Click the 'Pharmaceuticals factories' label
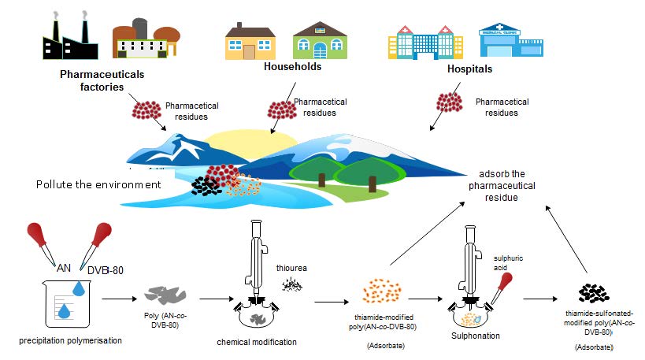pyautogui.click(x=93, y=80)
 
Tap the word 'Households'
pyautogui.click(x=293, y=67)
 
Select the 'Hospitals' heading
pyautogui.click(x=469, y=69)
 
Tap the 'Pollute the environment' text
pyautogui.click(x=98, y=184)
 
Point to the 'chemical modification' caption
pyautogui.click(x=257, y=343)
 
